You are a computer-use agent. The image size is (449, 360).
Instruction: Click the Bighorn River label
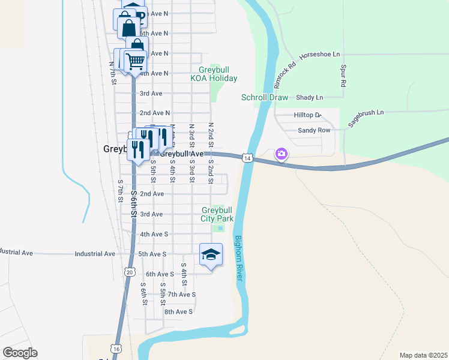pyautogui.click(x=238, y=260)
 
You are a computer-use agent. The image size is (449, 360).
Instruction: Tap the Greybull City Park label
pyautogui.click(x=217, y=214)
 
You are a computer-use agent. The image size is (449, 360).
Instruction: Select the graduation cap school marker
pyautogui.click(x=211, y=254)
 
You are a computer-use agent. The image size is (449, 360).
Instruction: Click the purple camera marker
pyautogui.click(x=281, y=154)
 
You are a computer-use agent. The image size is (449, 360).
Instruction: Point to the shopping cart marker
pyautogui.click(x=136, y=60)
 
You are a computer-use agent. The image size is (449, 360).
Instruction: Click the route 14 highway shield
pyautogui.click(x=247, y=158)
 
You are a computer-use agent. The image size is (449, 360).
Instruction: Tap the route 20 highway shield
pyautogui.click(x=130, y=272)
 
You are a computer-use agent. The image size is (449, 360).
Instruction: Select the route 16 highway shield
pyautogui.click(x=116, y=349)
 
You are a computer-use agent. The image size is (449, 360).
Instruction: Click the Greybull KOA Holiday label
pyautogui.click(x=214, y=74)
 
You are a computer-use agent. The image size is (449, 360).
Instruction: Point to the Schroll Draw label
pyautogui.click(x=265, y=97)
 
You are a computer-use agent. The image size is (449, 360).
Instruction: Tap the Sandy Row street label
pyautogui.click(x=314, y=130)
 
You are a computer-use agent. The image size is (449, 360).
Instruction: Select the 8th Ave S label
pyautogui.click(x=178, y=311)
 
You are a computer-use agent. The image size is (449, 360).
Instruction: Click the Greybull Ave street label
pyautogui.click(x=182, y=154)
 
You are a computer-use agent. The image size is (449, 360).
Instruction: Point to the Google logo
pyautogui.click(x=20, y=353)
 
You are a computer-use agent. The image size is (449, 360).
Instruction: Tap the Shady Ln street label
pyautogui.click(x=309, y=97)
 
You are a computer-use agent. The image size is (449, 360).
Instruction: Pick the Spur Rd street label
pyautogui.click(x=343, y=76)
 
